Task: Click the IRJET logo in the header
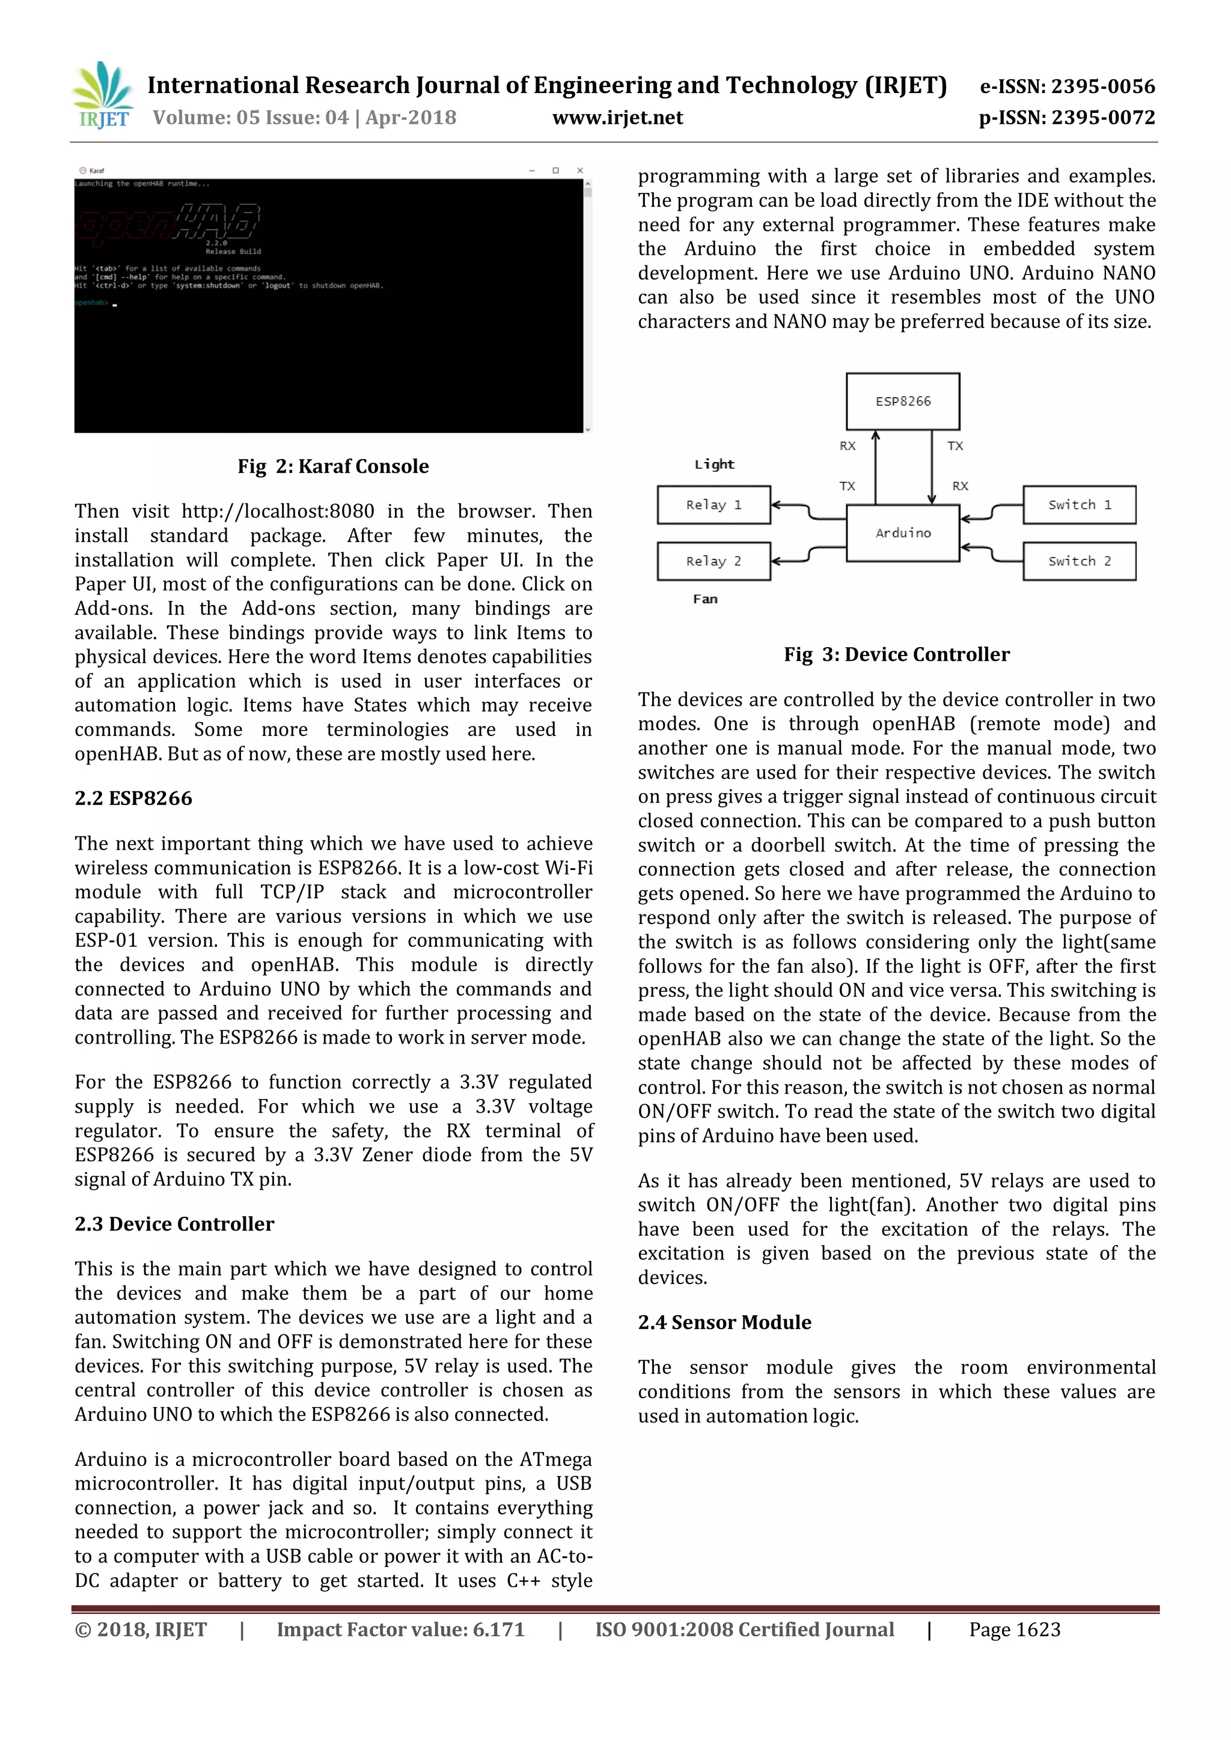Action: coord(102,96)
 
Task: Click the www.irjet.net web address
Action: coord(617,118)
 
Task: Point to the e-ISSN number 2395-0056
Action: coord(1068,87)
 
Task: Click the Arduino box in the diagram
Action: coord(902,534)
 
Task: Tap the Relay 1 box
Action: coord(713,505)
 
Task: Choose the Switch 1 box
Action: coord(1079,505)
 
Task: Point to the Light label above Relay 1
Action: coord(714,464)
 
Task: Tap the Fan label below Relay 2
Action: coord(705,598)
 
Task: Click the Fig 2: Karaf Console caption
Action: coord(333,466)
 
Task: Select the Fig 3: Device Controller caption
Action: coord(896,654)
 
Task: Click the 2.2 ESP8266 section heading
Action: coord(133,798)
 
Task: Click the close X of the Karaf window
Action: coord(580,171)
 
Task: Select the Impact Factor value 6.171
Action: coord(400,1629)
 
